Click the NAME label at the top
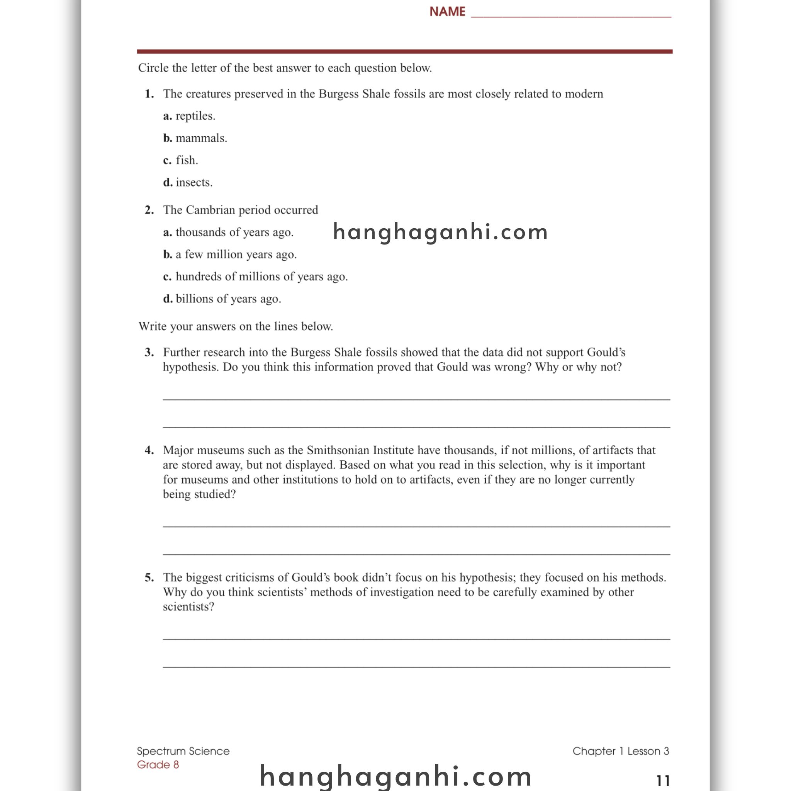click(447, 12)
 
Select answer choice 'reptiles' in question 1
click(189, 116)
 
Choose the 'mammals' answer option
click(195, 138)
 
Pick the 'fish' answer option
click(180, 160)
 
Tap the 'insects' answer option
click(188, 182)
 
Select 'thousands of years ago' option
click(229, 232)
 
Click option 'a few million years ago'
click(230, 254)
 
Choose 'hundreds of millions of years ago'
click(255, 277)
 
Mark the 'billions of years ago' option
click(222, 299)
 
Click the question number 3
click(149, 352)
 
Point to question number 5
click(149, 577)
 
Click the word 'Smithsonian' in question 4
click(338, 450)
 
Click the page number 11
click(663, 780)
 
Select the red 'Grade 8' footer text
click(158, 764)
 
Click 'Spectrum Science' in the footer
click(183, 751)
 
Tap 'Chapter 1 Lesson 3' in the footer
click(621, 751)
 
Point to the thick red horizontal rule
click(404, 52)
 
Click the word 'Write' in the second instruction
click(153, 326)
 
